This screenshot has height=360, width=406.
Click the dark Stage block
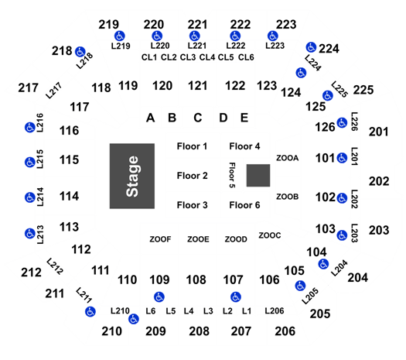coord(132,176)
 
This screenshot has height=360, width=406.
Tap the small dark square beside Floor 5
coord(258,175)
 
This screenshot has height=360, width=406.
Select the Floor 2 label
coord(192,176)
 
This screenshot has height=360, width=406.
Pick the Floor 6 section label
coord(244,205)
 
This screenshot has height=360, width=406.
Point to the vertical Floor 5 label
coord(232,175)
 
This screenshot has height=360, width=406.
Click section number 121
coord(197,86)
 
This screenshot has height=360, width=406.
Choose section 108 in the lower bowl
coord(196,280)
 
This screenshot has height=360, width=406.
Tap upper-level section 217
coord(28,87)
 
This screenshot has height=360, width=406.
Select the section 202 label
coord(379,181)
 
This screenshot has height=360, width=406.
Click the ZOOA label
coord(288,158)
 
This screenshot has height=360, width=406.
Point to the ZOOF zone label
coord(160,239)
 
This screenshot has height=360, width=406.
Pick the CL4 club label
coord(207,57)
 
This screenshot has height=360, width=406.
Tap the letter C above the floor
coord(198,118)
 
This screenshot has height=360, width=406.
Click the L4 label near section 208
coord(189,310)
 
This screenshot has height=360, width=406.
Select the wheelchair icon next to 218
coord(80,52)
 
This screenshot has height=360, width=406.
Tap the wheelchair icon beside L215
coord(30,163)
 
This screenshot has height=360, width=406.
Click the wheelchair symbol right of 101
coord(342,158)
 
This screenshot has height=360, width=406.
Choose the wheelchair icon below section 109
coord(159,297)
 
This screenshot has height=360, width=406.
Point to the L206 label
coord(275,310)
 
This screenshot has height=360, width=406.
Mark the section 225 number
coord(363,91)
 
